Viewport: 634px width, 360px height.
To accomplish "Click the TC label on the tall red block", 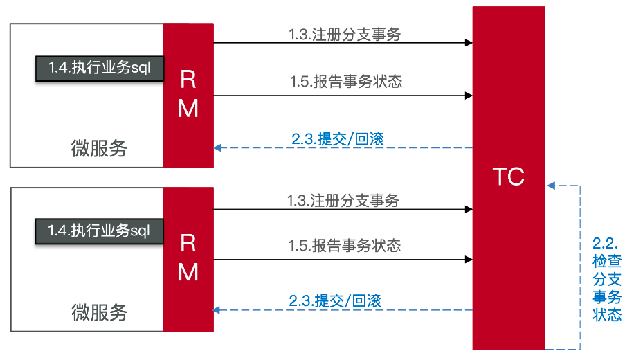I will coord(508,177).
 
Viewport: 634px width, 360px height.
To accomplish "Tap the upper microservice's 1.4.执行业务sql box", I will coord(99,68).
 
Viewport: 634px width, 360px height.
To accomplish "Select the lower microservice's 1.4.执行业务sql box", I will coord(99,230).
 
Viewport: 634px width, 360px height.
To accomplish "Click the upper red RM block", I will coord(188,95).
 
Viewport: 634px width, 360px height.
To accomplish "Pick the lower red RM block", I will coord(188,258).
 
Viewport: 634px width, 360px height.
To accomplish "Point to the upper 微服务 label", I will coord(100,148).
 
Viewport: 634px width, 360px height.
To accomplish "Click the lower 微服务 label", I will coord(100,312).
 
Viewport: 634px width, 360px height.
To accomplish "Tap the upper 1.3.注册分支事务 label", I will coord(345,34).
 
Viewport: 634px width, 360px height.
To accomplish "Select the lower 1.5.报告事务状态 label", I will coord(345,245).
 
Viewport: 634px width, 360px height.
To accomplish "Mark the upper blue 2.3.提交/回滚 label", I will coord(338,138).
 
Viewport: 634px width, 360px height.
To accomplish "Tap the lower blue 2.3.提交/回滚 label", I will coord(336,301).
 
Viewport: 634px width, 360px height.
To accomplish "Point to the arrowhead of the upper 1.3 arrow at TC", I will coord(469,43).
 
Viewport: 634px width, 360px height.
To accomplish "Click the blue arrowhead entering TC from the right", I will coord(551,186).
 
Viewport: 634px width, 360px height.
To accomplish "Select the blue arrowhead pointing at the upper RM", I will coord(218,147).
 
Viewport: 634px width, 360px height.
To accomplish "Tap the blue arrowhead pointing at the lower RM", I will coord(218,310).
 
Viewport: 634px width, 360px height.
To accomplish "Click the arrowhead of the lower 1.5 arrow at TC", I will coord(469,260).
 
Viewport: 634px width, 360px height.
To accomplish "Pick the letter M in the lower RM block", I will coord(188,272).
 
